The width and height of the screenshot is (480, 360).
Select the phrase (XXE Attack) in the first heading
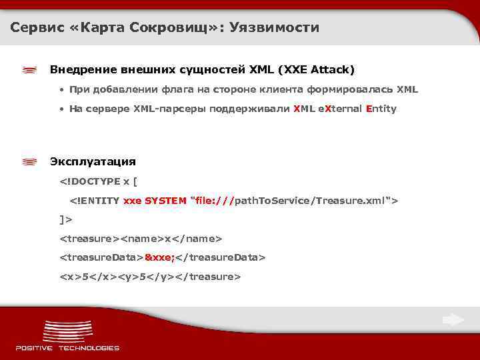pos(317,69)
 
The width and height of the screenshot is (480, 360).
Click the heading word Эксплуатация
pos(93,161)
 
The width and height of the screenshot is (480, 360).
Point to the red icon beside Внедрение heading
pos(29,70)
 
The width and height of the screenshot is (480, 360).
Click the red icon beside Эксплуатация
pos(29,162)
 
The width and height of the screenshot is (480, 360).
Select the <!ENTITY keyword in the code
pos(95,201)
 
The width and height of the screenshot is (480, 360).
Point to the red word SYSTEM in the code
pos(165,201)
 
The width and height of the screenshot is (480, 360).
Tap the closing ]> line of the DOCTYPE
pos(66,219)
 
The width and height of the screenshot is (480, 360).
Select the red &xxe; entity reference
pos(159,257)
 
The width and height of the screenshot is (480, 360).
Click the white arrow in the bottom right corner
pos(453,321)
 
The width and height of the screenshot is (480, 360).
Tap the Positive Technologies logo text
pos(67,347)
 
